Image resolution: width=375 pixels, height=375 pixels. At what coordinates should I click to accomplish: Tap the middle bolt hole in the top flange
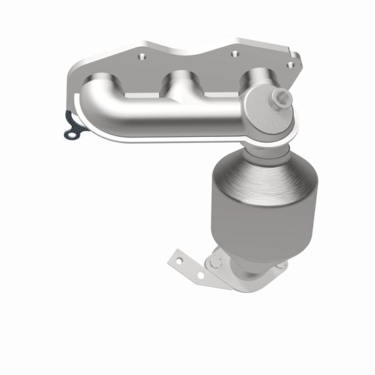click(234, 53)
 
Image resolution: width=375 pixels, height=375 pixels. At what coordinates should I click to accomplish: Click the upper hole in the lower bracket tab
click(179, 256)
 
